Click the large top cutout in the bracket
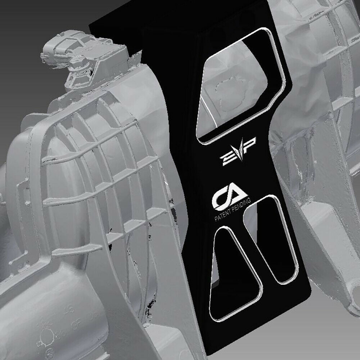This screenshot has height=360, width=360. coord(239,88)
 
